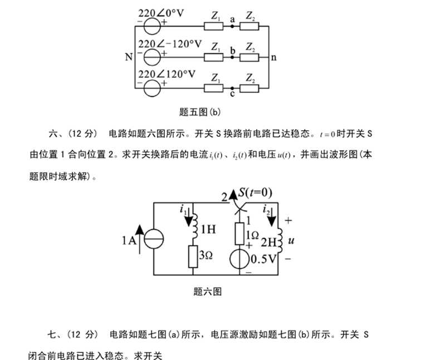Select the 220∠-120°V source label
(x=169, y=44)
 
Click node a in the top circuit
(x=232, y=25)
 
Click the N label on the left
(x=129, y=57)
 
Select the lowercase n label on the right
(x=273, y=57)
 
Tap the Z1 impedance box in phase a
(x=213, y=25)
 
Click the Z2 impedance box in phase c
(x=251, y=87)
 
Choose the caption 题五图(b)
(x=200, y=112)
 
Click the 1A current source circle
(x=153, y=240)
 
